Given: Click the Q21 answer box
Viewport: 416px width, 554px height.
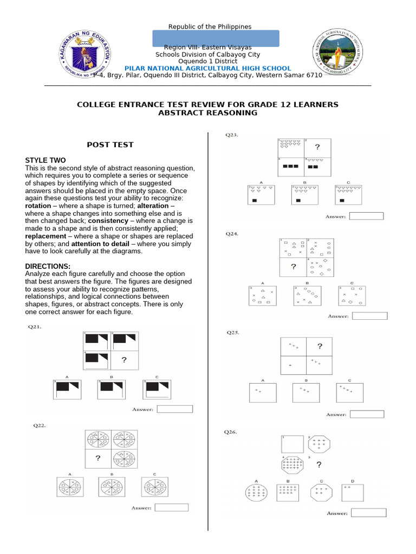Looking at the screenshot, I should tap(174, 409).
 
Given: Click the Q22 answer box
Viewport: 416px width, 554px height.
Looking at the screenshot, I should tap(171, 507).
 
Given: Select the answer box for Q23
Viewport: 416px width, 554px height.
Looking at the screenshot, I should tap(366, 216).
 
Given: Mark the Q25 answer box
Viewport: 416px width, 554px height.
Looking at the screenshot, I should tap(367, 414).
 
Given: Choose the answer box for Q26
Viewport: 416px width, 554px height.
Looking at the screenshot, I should tap(368, 512).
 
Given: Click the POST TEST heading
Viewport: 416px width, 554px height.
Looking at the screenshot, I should tap(110, 145).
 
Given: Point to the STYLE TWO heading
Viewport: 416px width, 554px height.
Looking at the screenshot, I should tap(45, 160).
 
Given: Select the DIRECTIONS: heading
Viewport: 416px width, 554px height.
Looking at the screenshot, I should tap(48, 266).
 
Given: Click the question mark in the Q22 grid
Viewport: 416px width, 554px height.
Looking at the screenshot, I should tap(98, 458).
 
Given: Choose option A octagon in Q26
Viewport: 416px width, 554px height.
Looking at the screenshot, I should tap(256, 493).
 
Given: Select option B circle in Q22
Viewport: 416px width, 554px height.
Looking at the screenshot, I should tap(112, 487).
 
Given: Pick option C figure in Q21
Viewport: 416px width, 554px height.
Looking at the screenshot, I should tap(157, 390).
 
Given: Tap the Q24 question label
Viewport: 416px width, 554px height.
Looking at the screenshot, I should tap(232, 234).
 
